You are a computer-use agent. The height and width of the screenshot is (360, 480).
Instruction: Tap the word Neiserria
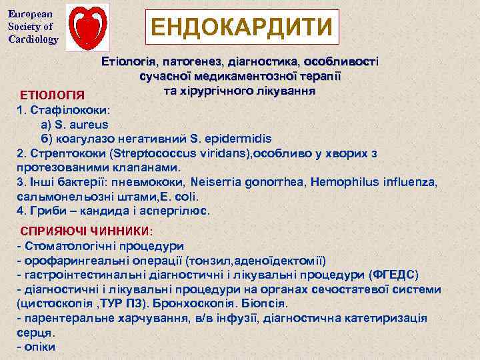(x=221, y=181)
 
